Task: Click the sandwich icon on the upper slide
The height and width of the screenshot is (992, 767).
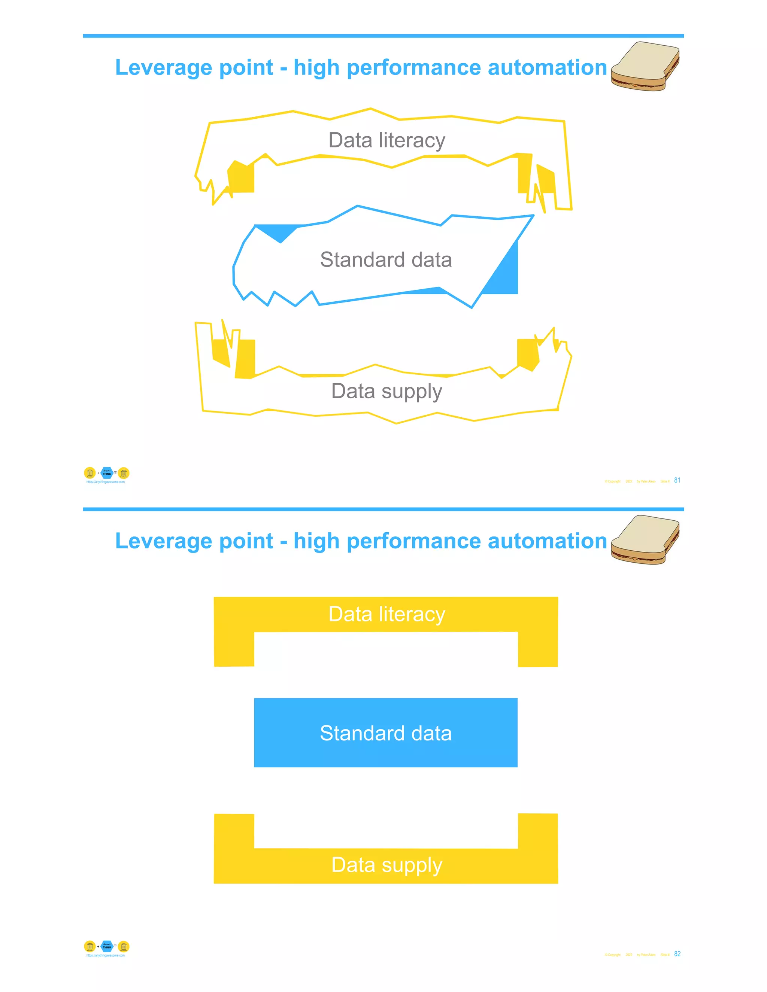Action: point(645,66)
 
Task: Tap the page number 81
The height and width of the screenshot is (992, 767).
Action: point(677,480)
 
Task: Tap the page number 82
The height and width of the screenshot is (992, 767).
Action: point(677,954)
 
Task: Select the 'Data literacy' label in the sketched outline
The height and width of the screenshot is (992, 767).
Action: point(386,140)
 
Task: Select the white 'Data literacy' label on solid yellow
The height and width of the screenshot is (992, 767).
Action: point(386,614)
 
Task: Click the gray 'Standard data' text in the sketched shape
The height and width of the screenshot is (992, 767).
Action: point(386,260)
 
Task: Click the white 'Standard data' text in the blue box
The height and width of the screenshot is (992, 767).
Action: point(386,733)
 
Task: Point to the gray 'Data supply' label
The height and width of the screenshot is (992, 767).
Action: point(386,392)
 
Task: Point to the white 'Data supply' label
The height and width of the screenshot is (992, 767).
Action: point(386,865)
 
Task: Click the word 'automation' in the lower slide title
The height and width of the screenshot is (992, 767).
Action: point(547,541)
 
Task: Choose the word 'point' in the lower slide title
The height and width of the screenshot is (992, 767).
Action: point(246,541)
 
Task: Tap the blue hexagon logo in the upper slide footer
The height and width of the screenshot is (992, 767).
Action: point(107,473)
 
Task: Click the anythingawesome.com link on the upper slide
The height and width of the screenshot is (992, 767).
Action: point(105,482)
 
